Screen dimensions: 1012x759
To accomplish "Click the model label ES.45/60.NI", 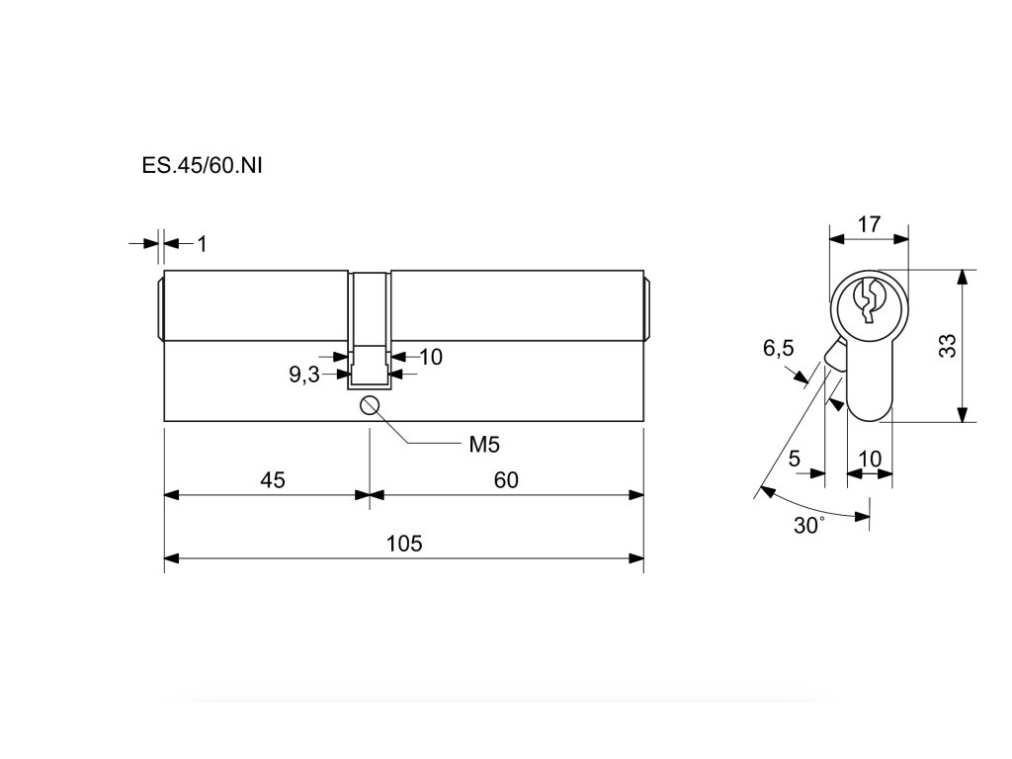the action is click(202, 164).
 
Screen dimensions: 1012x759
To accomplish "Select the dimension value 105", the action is click(403, 544).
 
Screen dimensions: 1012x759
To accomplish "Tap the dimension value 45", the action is click(272, 480).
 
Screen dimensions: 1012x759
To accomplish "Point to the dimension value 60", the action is click(506, 480).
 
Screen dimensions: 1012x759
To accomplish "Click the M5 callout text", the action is click(483, 445).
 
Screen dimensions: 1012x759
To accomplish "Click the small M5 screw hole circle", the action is click(370, 404).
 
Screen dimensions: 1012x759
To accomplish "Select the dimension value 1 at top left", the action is click(202, 243).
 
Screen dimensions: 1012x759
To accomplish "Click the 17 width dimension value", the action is click(868, 224).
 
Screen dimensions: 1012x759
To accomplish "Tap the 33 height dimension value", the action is click(947, 346).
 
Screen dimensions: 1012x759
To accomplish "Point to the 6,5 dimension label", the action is click(778, 348).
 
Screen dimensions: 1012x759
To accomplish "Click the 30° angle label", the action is click(808, 526).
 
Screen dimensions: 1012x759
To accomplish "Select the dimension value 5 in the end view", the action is click(794, 459).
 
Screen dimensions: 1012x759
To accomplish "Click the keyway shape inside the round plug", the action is click(869, 300).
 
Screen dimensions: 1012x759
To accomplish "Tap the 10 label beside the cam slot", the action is click(431, 357).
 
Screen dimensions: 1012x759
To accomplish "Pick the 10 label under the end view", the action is click(870, 459).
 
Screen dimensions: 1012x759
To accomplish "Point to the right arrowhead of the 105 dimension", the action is click(637, 559).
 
